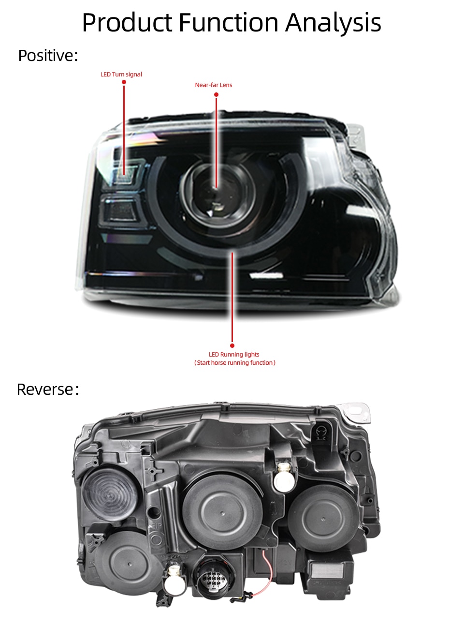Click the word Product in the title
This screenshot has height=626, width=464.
[127, 23]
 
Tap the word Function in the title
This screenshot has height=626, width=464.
[229, 22]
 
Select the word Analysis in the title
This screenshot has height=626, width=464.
[333, 23]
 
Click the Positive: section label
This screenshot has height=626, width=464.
[48, 55]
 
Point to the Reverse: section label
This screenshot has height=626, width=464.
[48, 389]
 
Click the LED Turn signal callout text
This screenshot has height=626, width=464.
[121, 74]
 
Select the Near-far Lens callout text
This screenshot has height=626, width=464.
[214, 85]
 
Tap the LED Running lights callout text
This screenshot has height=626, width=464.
[234, 355]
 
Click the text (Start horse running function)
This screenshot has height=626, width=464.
[235, 363]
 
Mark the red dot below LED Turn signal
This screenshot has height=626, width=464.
[124, 82]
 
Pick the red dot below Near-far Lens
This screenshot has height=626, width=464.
[216, 94]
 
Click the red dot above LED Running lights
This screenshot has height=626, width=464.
[232, 346]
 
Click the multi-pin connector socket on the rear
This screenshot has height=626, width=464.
[213, 580]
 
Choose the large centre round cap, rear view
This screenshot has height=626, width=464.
[222, 513]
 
